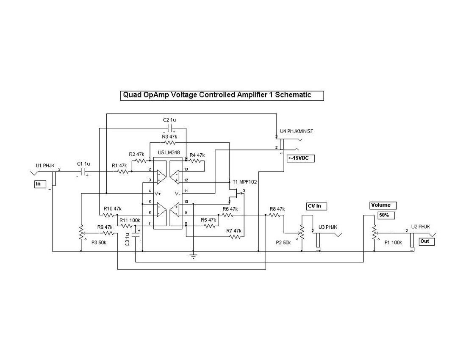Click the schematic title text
[217, 95]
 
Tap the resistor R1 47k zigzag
[123, 172]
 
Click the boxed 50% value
[384, 215]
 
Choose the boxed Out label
[426, 242]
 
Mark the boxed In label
[40, 184]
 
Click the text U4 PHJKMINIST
[297, 132]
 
